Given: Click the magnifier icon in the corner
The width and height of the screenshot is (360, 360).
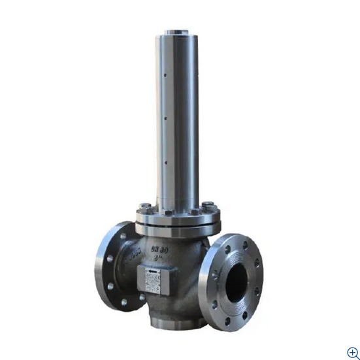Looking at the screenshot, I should [x=352, y=352].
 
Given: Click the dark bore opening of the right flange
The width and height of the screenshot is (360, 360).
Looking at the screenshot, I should [x=237, y=281].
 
